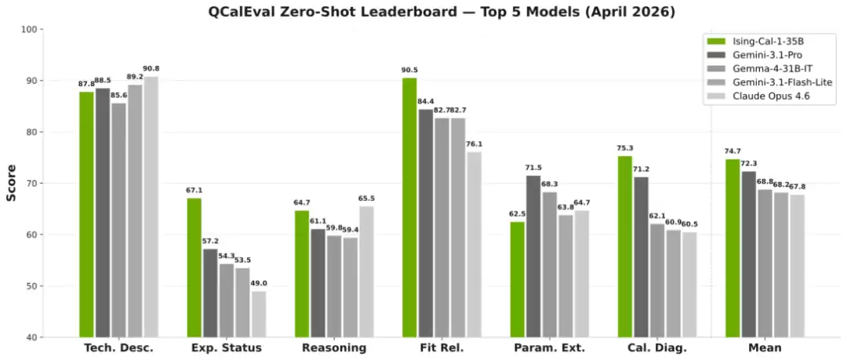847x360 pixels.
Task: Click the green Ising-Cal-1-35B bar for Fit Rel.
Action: click(409, 208)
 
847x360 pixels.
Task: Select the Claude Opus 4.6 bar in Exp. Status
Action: click(259, 314)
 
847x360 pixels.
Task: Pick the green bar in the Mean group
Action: click(732, 248)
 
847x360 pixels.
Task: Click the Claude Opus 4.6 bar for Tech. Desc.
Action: click(151, 207)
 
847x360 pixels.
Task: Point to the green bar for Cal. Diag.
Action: click(624, 246)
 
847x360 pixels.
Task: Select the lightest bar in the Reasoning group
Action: click(366, 271)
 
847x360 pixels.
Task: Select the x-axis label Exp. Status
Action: click(227, 347)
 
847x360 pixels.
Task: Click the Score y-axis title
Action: click(12, 183)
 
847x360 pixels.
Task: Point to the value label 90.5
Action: click(409, 71)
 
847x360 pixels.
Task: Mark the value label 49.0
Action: click(259, 284)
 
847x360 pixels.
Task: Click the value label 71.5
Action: click(533, 168)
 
